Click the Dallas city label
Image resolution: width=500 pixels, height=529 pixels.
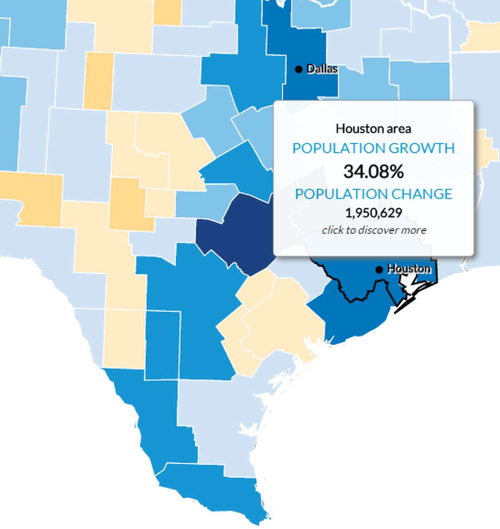click(x=322, y=69)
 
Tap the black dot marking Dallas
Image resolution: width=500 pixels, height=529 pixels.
click(x=298, y=69)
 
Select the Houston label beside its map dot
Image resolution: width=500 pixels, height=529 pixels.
click(x=409, y=269)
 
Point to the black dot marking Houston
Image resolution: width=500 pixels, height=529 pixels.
click(x=379, y=270)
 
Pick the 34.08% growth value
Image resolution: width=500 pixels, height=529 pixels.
click(x=373, y=171)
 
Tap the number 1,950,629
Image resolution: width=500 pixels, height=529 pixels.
click(x=373, y=213)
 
